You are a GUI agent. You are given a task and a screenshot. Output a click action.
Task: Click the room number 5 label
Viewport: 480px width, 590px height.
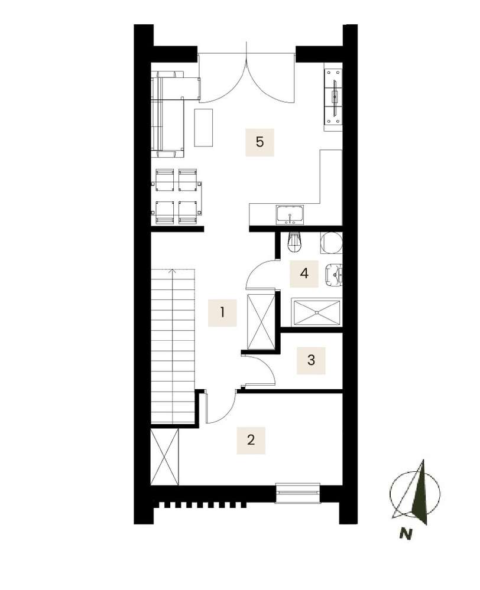pyautogui.click(x=260, y=142)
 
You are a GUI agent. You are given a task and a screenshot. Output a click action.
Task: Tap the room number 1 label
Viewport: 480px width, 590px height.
pyautogui.click(x=222, y=312)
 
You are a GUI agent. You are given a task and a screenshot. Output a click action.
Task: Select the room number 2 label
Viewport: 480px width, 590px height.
pyautogui.click(x=251, y=440)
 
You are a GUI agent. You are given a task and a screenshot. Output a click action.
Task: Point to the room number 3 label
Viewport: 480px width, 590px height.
pyautogui.click(x=311, y=360)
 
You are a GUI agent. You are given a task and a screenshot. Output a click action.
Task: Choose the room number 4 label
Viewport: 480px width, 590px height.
pyautogui.click(x=304, y=273)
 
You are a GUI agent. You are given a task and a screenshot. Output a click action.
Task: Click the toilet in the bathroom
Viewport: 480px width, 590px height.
pyautogui.click(x=294, y=242)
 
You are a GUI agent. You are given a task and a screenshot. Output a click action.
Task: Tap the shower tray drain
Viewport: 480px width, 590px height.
pyautogui.click(x=316, y=312)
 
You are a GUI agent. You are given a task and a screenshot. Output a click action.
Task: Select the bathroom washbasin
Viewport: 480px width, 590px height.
pyautogui.click(x=333, y=275)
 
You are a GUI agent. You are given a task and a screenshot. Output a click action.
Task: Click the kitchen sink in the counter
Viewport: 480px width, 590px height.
pyautogui.click(x=290, y=215)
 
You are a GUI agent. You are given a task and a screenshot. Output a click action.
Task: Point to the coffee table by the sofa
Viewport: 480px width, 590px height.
pyautogui.click(x=203, y=128)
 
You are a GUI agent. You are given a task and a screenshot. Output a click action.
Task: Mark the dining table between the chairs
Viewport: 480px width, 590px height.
pyautogui.click(x=176, y=197)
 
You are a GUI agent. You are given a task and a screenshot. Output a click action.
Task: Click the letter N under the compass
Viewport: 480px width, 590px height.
pyautogui.click(x=406, y=533)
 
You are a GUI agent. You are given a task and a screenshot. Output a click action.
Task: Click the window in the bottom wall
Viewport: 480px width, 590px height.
pyautogui.click(x=298, y=493)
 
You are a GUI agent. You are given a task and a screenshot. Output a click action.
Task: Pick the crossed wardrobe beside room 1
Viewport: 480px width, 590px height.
pyautogui.click(x=260, y=322)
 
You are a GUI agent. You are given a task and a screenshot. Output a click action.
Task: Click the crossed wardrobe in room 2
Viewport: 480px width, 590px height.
pyautogui.click(x=165, y=457)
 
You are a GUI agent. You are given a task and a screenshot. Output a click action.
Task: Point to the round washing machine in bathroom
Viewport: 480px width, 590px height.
pyautogui.click(x=332, y=243)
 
